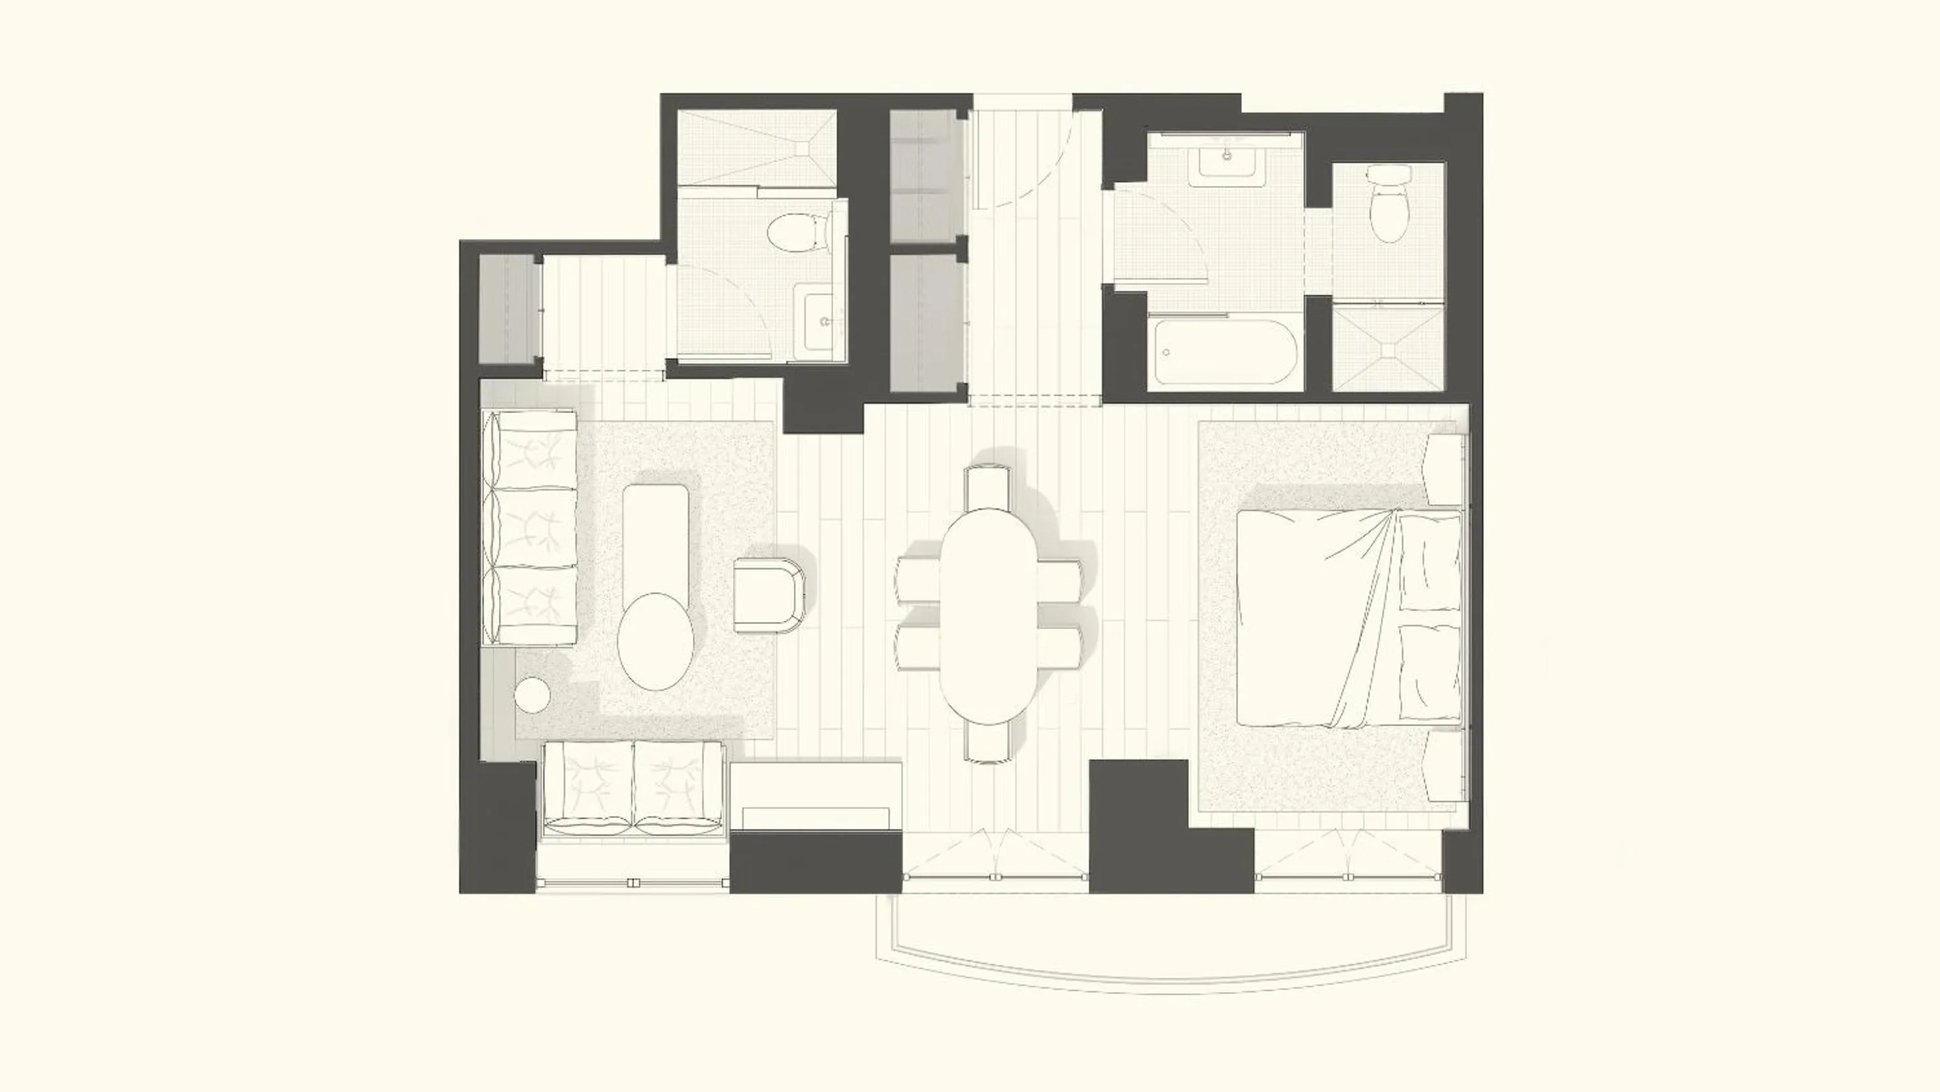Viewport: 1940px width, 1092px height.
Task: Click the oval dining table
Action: [x=988, y=616]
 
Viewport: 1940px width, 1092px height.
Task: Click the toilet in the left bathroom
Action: [x=795, y=232]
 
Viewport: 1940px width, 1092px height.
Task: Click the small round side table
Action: [x=534, y=694]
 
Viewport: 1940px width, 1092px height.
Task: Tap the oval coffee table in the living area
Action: [x=655, y=640]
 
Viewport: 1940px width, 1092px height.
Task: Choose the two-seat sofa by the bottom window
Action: [x=633, y=798]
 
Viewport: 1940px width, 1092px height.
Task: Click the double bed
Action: [x=1348, y=617]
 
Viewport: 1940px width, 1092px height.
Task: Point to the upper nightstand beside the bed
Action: [x=1446, y=469]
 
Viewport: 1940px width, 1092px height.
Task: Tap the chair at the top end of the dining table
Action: [x=987, y=486]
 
